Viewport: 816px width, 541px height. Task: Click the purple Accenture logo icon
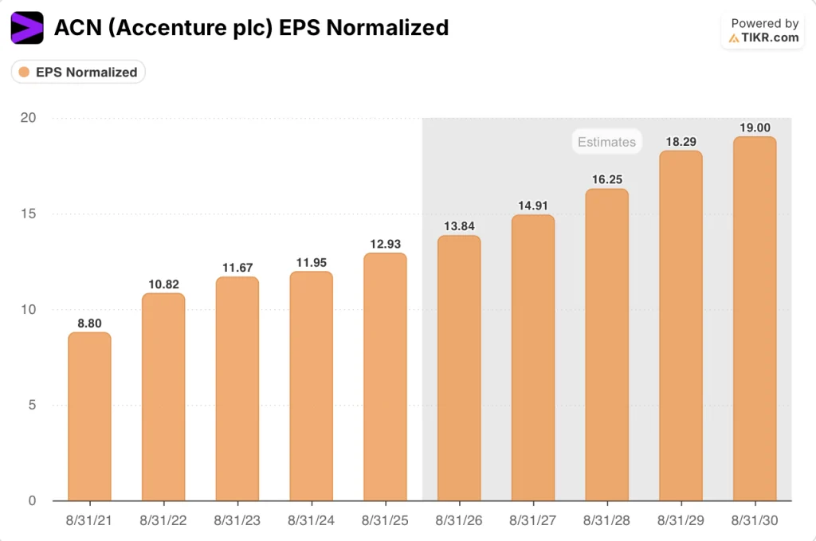(x=27, y=28)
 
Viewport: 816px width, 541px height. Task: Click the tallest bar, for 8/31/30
(x=754, y=319)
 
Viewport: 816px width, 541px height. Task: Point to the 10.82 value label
(x=163, y=284)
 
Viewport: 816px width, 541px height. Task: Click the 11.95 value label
(x=311, y=263)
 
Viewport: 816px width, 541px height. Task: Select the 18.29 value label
(x=681, y=142)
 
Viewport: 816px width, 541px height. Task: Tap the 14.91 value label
(x=533, y=206)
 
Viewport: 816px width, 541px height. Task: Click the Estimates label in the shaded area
(x=606, y=142)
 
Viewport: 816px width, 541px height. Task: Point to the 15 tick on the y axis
(x=29, y=214)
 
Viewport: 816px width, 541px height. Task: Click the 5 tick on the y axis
(x=33, y=405)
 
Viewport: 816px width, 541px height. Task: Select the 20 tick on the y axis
(x=29, y=118)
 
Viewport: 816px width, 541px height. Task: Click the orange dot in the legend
(x=24, y=72)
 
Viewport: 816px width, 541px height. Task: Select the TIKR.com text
(x=769, y=37)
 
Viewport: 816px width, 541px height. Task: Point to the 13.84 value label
(x=459, y=226)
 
